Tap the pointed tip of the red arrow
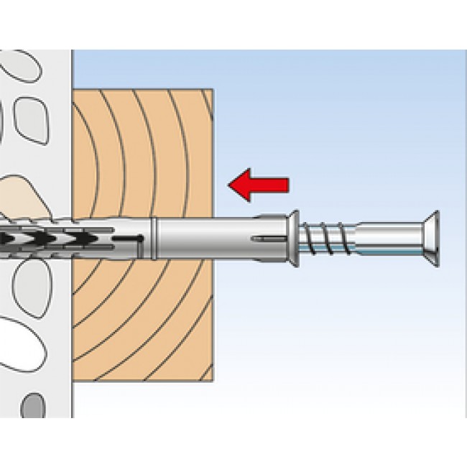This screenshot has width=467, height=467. point(230,185)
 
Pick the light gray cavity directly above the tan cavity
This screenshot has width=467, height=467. point(30,116)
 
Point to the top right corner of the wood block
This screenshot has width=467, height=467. point(212,90)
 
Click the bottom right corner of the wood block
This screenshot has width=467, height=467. point(212,379)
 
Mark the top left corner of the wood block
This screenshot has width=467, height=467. point(75,90)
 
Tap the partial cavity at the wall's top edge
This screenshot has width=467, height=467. point(18,61)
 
